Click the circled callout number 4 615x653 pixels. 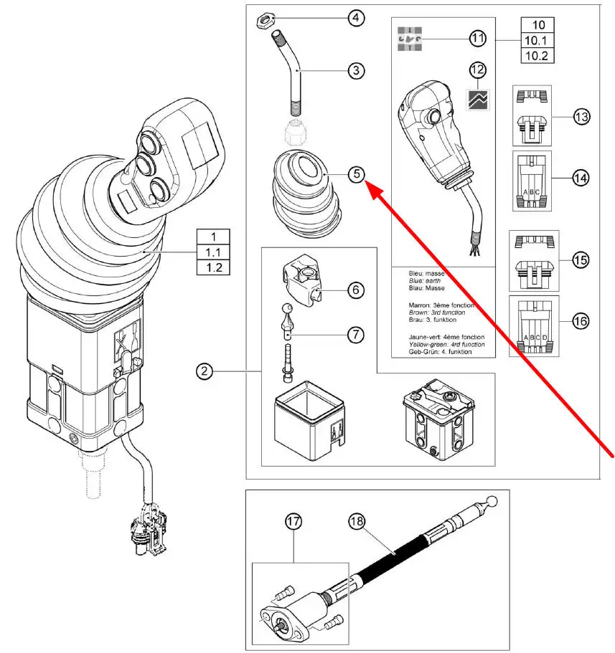[x=357, y=18]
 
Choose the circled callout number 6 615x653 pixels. [x=357, y=290]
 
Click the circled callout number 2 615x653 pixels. [x=206, y=371]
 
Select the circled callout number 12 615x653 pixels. [x=477, y=70]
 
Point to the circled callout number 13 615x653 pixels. [x=581, y=115]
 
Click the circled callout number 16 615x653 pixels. [x=581, y=321]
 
